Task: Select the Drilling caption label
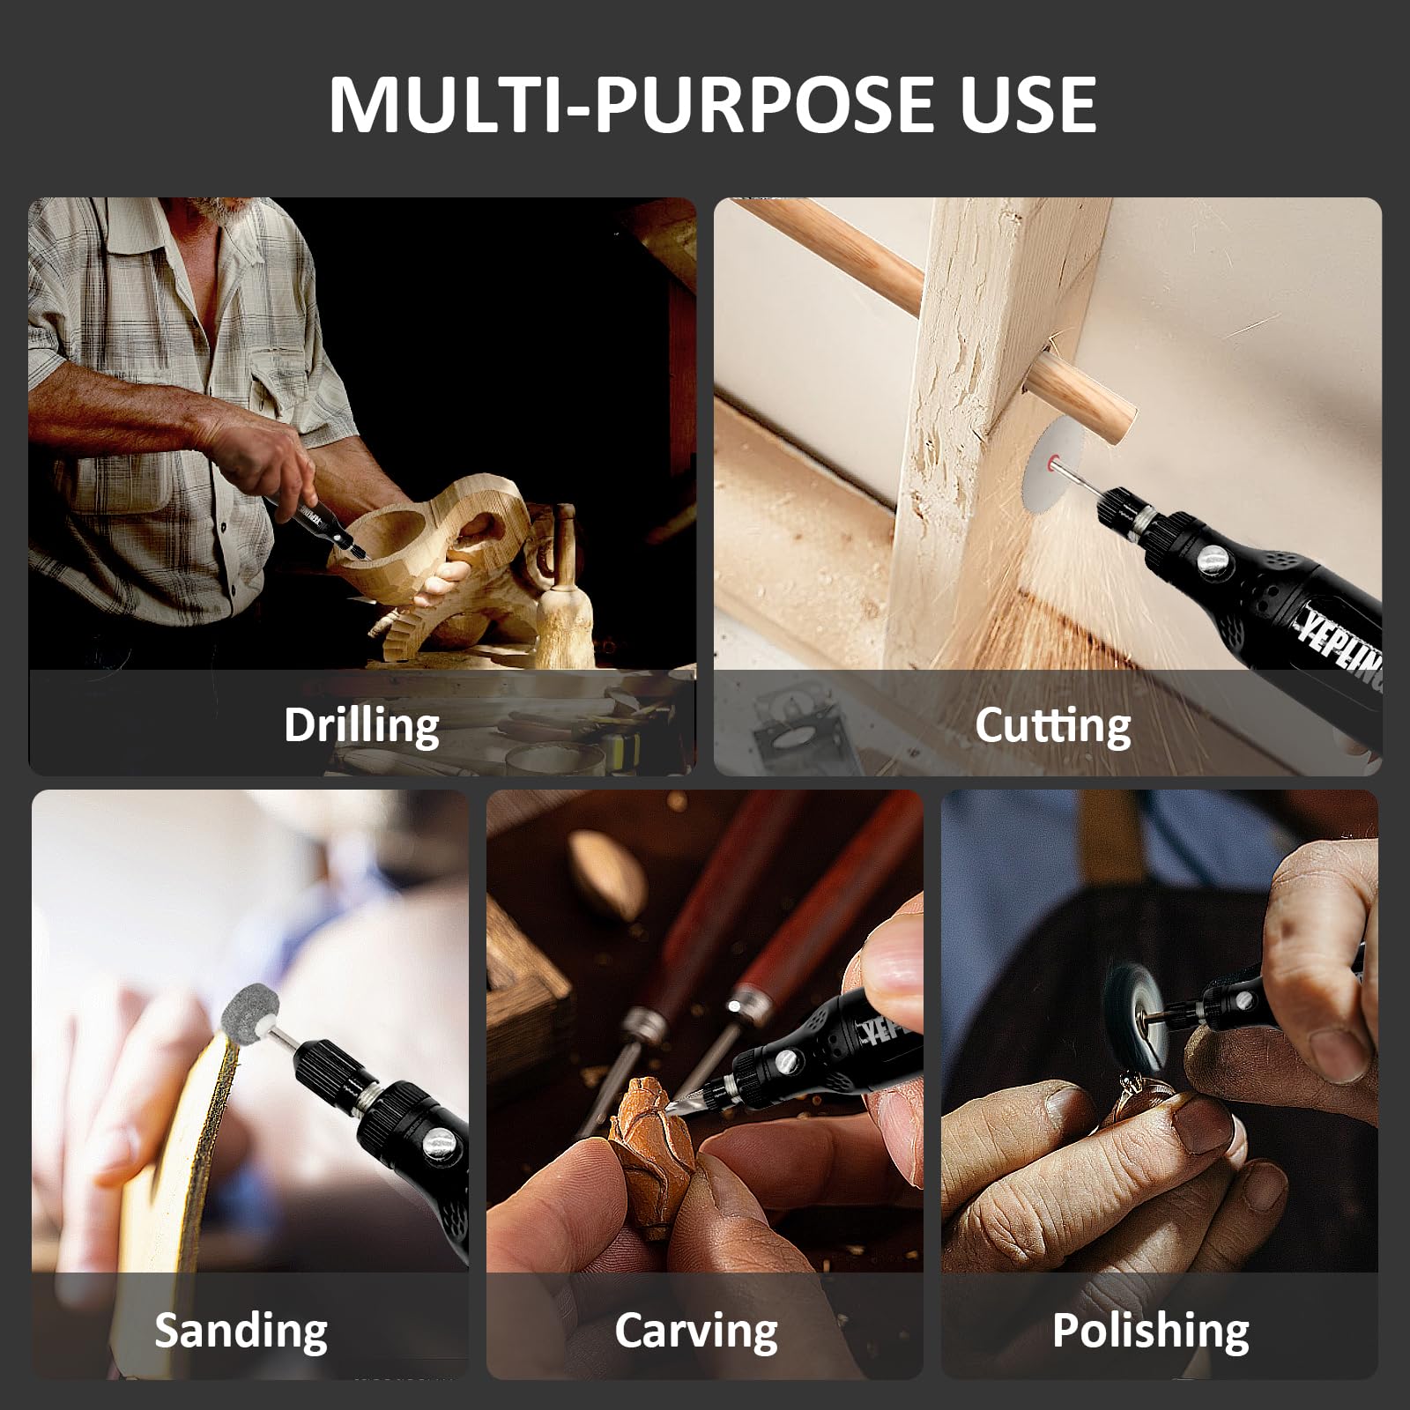[361, 726]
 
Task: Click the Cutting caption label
[1052, 726]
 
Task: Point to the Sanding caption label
[241, 1331]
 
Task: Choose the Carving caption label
[696, 1331]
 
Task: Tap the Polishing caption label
[1150, 1331]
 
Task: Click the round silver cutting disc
[1052, 477]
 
